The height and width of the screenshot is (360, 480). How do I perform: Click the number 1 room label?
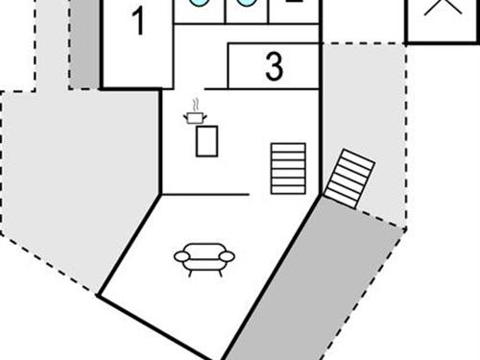138,21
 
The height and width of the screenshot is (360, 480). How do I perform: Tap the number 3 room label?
275,67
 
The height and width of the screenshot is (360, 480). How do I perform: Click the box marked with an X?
442,13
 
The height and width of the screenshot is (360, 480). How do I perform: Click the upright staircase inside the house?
288,168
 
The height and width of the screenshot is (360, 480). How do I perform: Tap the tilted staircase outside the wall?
348,179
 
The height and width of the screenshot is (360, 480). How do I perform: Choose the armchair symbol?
204,258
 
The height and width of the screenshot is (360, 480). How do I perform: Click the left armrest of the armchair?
180,256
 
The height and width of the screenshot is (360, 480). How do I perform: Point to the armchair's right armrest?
228,256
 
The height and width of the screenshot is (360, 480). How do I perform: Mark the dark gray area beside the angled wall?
307,288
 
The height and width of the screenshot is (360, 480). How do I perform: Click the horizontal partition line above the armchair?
206,195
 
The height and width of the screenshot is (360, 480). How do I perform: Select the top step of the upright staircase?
288,147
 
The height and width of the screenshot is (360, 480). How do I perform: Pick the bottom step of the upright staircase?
288,189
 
